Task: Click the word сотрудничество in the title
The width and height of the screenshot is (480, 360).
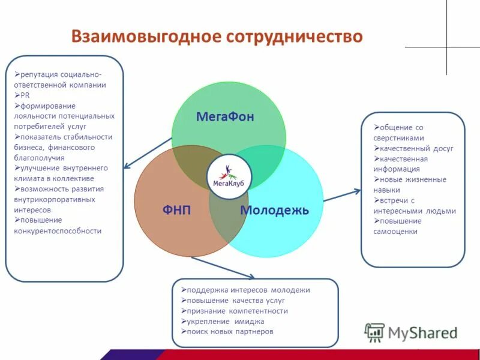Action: tap(295, 36)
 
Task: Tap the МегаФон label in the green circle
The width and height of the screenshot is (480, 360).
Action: tap(225, 117)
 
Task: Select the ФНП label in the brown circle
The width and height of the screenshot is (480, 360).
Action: tap(176, 210)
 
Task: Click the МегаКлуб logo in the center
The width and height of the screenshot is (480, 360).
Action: tap(229, 173)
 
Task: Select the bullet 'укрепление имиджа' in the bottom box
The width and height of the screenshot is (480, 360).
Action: tap(225, 321)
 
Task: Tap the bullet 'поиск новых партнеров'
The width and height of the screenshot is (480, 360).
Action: tap(230, 331)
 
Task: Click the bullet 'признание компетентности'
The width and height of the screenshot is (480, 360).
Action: tap(237, 311)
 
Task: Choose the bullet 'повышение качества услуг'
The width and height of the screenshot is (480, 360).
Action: tap(235, 300)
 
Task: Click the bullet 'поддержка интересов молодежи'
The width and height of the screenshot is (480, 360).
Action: tap(248, 290)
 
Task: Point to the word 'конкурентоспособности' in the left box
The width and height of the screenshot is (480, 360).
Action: tap(58, 231)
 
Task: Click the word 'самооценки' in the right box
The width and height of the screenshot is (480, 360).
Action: tap(395, 232)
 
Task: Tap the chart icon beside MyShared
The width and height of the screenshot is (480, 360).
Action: tap(375, 332)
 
